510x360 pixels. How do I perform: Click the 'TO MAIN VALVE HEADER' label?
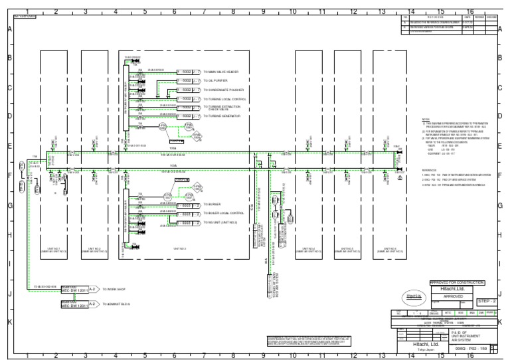tap(225, 71)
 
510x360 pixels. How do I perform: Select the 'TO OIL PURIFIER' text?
tap(217, 80)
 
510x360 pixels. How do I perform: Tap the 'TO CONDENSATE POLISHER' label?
tap(225, 89)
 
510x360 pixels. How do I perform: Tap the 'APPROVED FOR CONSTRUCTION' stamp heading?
tap(458, 282)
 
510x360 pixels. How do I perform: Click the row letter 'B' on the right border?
tap(499, 58)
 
